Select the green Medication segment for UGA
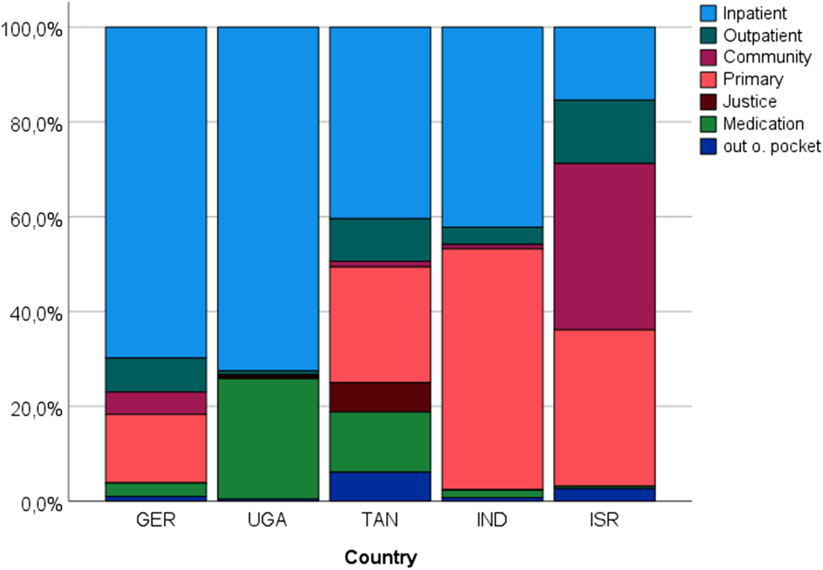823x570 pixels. click(268, 438)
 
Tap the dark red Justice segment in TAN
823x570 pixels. click(380, 396)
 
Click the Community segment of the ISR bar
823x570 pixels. click(604, 246)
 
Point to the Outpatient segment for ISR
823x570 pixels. click(604, 132)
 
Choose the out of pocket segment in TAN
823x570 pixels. click(380, 486)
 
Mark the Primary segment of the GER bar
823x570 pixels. click(156, 448)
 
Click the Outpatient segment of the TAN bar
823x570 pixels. click(380, 240)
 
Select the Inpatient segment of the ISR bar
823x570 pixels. click(604, 63)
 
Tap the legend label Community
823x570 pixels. click(766, 57)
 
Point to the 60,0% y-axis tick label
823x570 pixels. click(31, 217)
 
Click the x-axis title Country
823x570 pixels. click(380, 556)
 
